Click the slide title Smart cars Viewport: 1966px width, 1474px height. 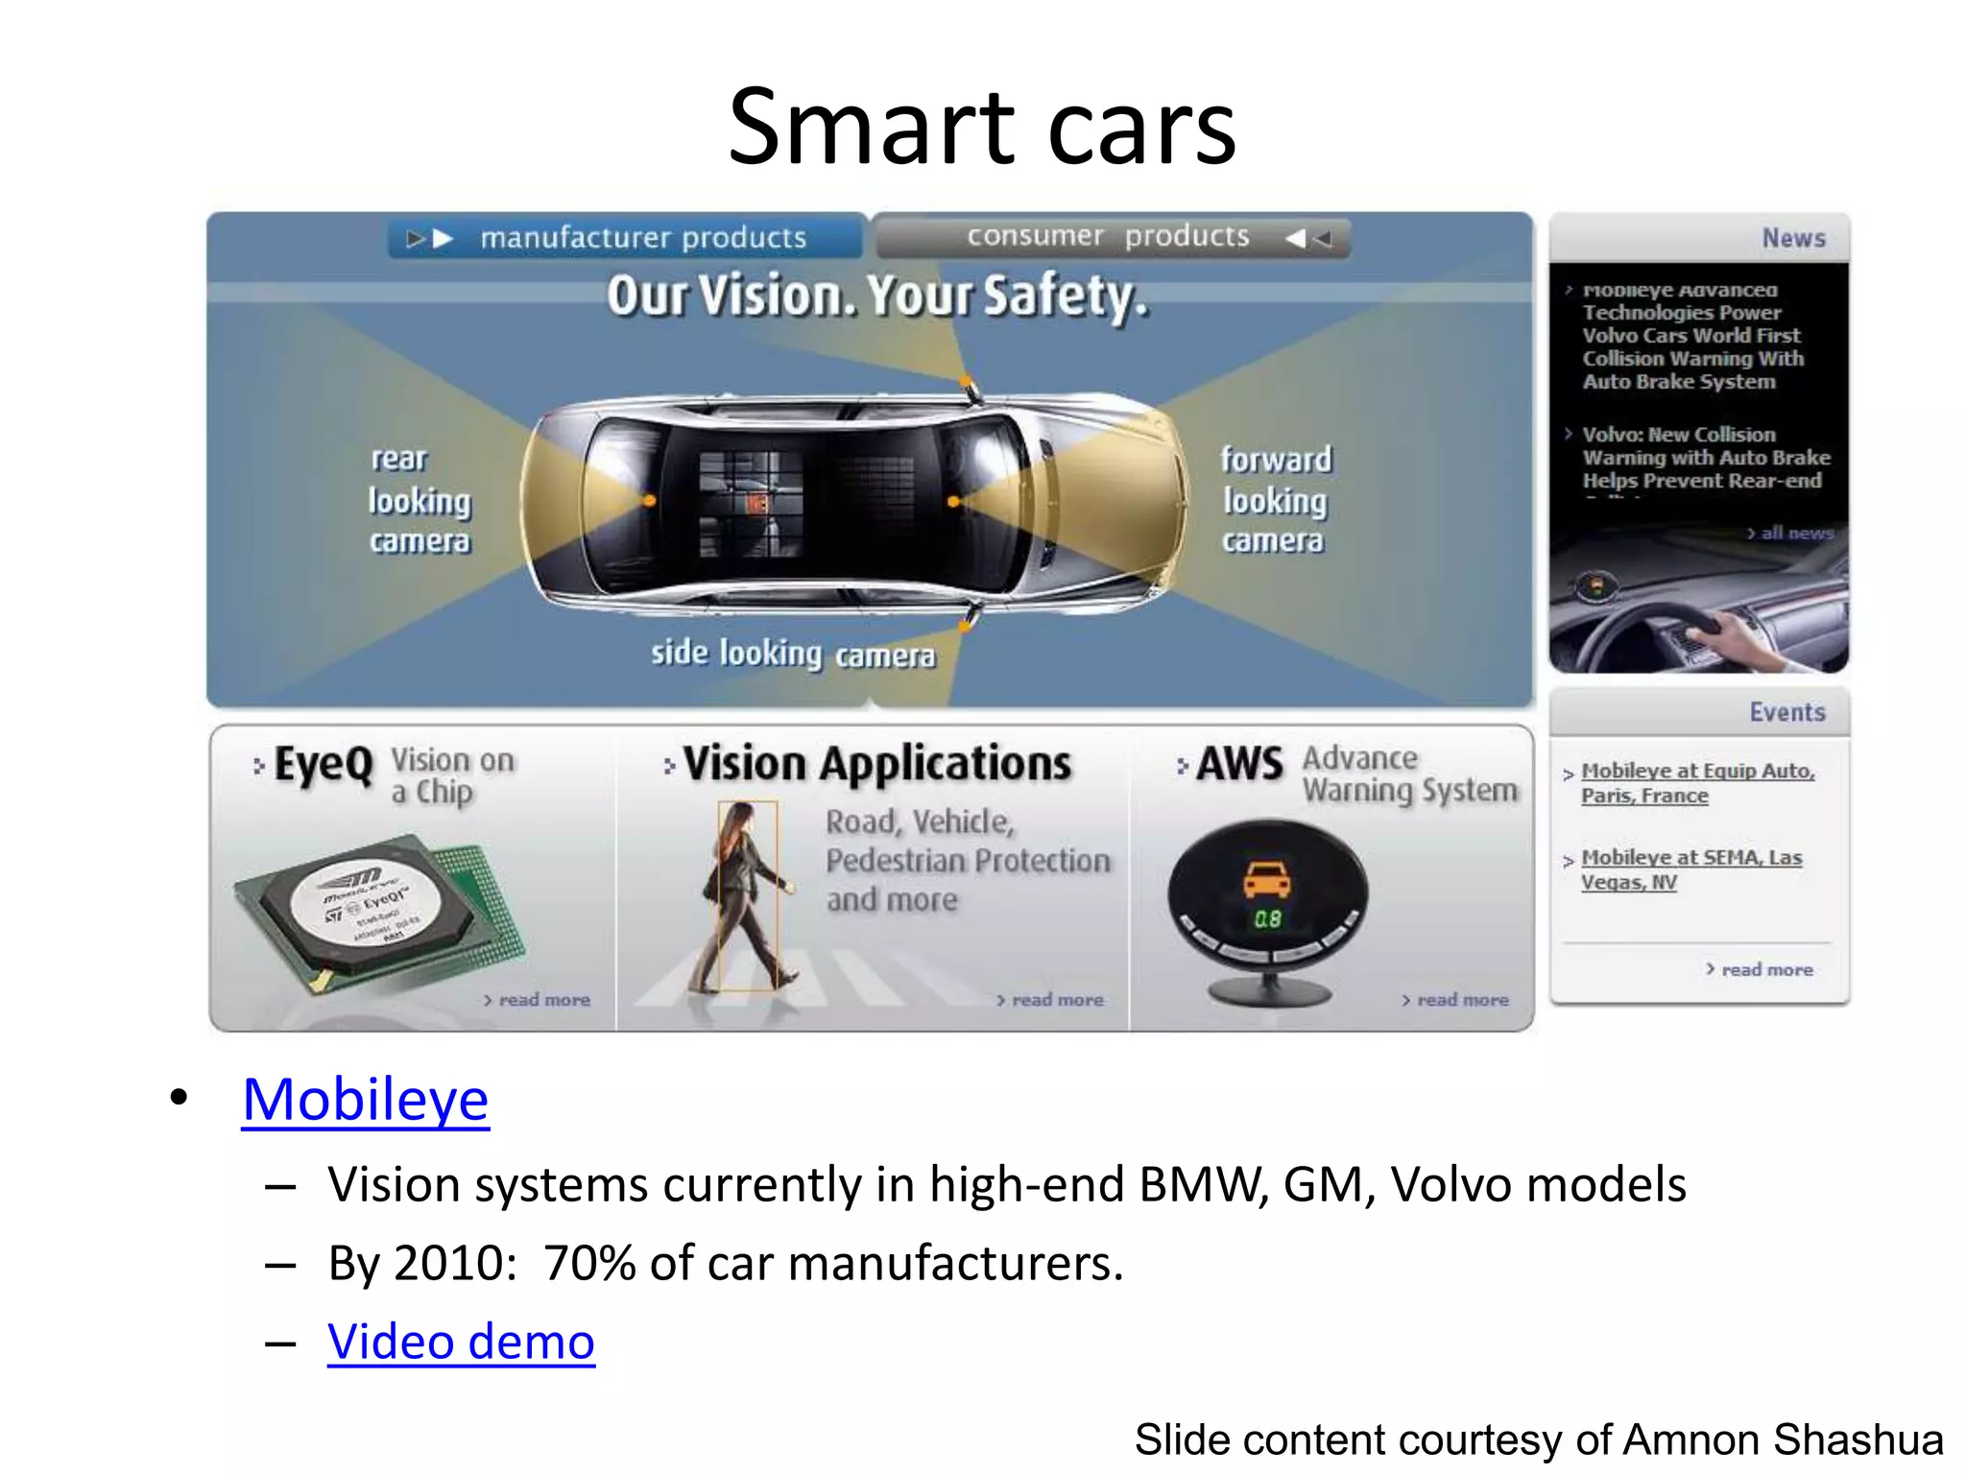[x=982, y=128]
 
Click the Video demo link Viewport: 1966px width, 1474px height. [x=461, y=1342]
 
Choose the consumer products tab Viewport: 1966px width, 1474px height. [x=1112, y=236]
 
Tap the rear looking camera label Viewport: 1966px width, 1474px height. [x=420, y=500]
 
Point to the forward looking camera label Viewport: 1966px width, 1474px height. [x=1276, y=500]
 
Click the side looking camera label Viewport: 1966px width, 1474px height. [x=793, y=654]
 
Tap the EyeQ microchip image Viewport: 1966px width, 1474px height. [x=379, y=912]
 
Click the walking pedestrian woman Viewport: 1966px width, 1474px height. [x=747, y=897]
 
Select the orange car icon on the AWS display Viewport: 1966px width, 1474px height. [x=1267, y=877]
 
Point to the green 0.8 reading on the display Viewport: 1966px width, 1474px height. [x=1267, y=919]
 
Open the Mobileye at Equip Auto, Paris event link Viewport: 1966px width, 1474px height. [x=1696, y=783]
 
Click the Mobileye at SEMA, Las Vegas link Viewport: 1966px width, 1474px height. [x=1690, y=869]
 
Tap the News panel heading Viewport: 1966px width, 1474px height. [x=1792, y=238]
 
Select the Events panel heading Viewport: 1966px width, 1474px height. [x=1786, y=712]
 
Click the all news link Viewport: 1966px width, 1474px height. [x=1792, y=534]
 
